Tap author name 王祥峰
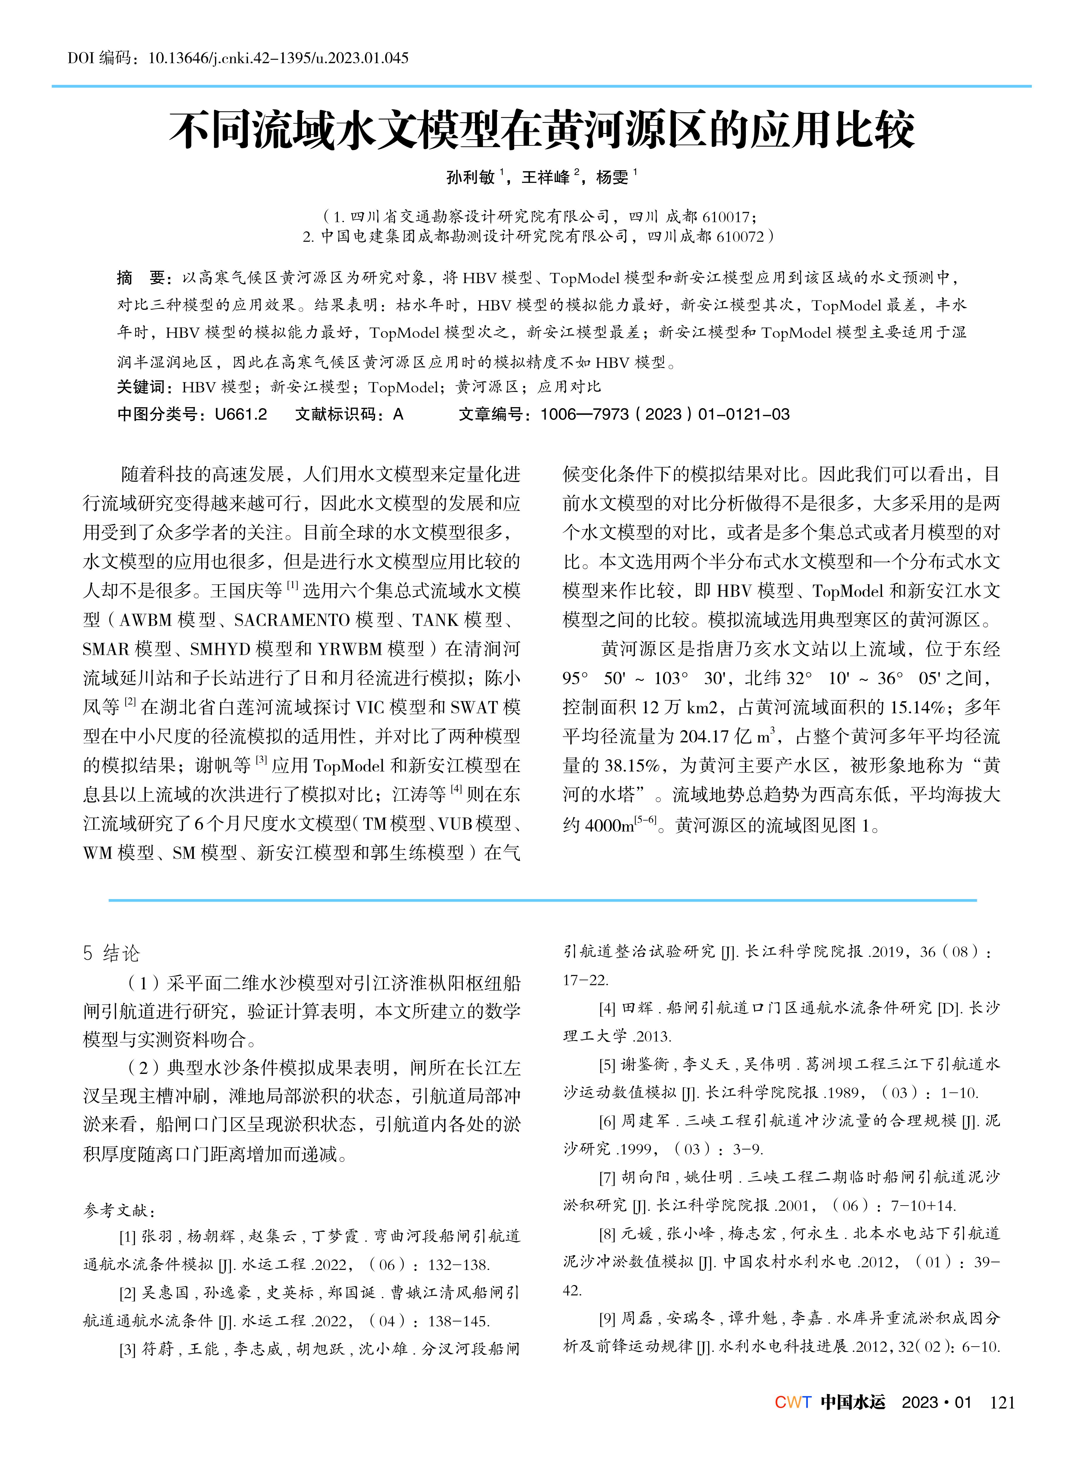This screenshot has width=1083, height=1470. tap(545, 177)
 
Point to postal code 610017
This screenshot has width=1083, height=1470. tap(726, 217)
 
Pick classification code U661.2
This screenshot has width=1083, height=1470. tap(241, 414)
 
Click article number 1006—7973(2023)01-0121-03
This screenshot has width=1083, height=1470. tap(665, 414)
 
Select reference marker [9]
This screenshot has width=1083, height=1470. tap(607, 1318)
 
